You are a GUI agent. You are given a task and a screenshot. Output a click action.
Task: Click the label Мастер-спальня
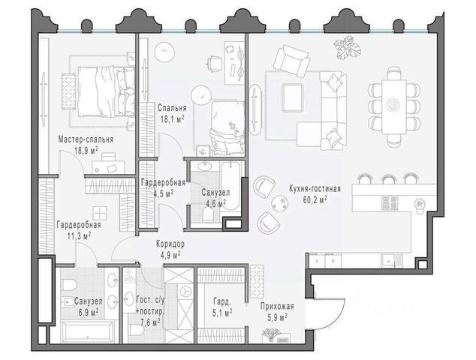(86, 139)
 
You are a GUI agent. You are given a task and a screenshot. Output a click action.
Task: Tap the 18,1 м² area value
(173, 118)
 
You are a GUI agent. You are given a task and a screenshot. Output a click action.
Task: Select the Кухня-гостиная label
(315, 189)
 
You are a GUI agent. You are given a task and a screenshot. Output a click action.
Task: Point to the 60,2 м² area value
(315, 199)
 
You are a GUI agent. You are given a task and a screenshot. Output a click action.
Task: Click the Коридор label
(170, 244)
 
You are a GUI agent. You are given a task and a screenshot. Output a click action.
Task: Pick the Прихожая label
(277, 306)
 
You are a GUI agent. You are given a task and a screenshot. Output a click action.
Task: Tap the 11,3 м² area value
(80, 235)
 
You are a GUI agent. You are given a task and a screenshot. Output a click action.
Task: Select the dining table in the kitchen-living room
(394, 106)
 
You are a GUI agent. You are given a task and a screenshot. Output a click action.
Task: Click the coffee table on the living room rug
(292, 97)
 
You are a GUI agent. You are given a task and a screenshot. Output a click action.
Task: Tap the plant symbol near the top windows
(348, 48)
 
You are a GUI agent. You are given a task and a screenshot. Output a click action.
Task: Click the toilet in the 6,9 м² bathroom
(68, 284)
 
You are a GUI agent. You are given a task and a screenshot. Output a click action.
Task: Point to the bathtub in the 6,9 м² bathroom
(88, 332)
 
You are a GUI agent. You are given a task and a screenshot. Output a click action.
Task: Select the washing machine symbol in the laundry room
(184, 291)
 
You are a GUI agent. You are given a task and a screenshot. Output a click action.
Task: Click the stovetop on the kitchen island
(390, 203)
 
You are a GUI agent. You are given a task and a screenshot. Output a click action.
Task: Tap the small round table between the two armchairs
(279, 202)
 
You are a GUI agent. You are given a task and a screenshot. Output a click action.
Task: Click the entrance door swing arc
(336, 318)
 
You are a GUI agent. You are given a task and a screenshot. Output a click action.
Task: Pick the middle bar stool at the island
(388, 178)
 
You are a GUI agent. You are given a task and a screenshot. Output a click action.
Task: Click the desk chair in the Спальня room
(214, 64)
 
